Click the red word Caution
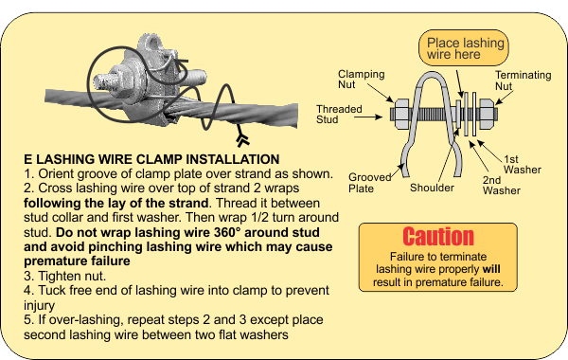click(438, 237)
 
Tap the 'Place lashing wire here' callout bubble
click(464, 48)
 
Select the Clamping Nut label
click(362, 79)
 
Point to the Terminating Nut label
click(524, 81)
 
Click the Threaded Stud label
click(339, 115)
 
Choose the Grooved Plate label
click(369, 183)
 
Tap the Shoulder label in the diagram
click(432, 188)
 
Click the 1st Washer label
click(522, 164)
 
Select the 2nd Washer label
click(502, 186)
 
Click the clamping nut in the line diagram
click(401, 114)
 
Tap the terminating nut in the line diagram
click(487, 114)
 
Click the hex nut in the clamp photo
click(121, 82)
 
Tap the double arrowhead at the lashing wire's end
click(242, 140)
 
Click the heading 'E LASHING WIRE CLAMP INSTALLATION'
click(151, 159)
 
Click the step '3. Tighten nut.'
click(64, 276)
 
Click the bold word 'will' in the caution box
click(491, 269)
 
